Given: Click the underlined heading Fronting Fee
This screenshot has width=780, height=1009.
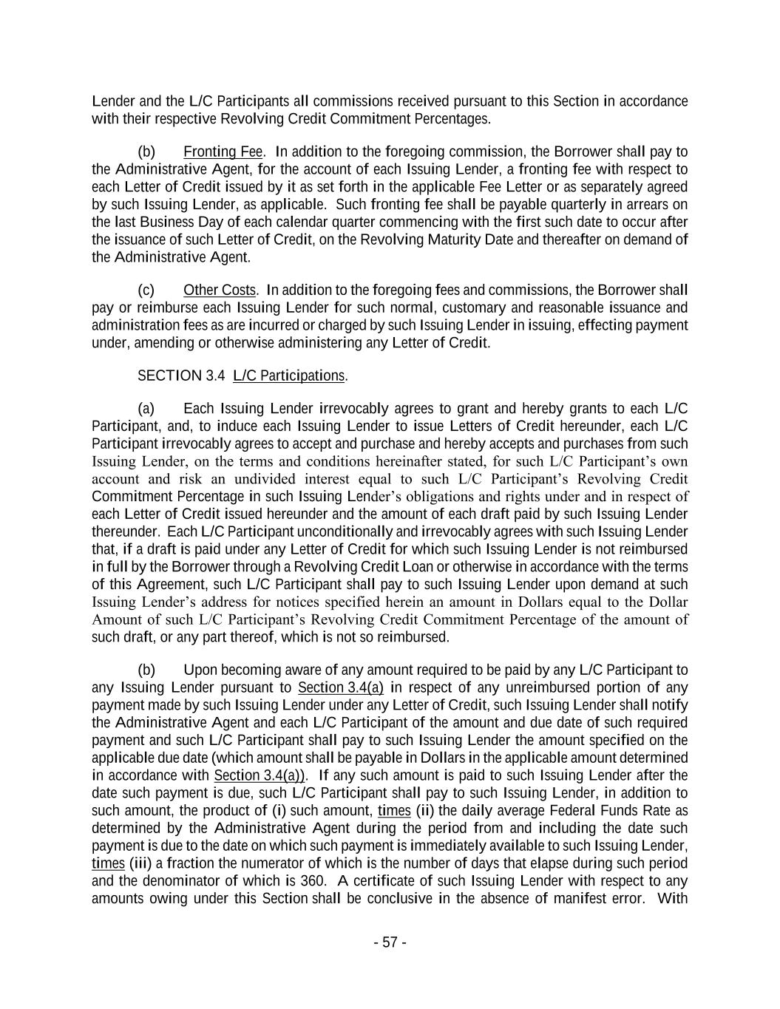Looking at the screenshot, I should pos(223,152).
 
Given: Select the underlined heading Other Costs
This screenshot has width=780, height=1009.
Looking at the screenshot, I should pos(220,290).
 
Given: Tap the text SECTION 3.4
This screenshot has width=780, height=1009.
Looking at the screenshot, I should pos(181,376).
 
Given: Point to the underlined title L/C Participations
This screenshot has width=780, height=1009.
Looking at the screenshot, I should pos(289,376).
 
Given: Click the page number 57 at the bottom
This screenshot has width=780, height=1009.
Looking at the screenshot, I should pos(390,942).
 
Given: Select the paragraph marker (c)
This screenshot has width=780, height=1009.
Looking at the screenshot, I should pos(146,290).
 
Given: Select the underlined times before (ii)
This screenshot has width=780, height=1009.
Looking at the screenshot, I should pos(394,811).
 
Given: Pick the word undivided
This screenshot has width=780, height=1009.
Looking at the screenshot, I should pos(236,478).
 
